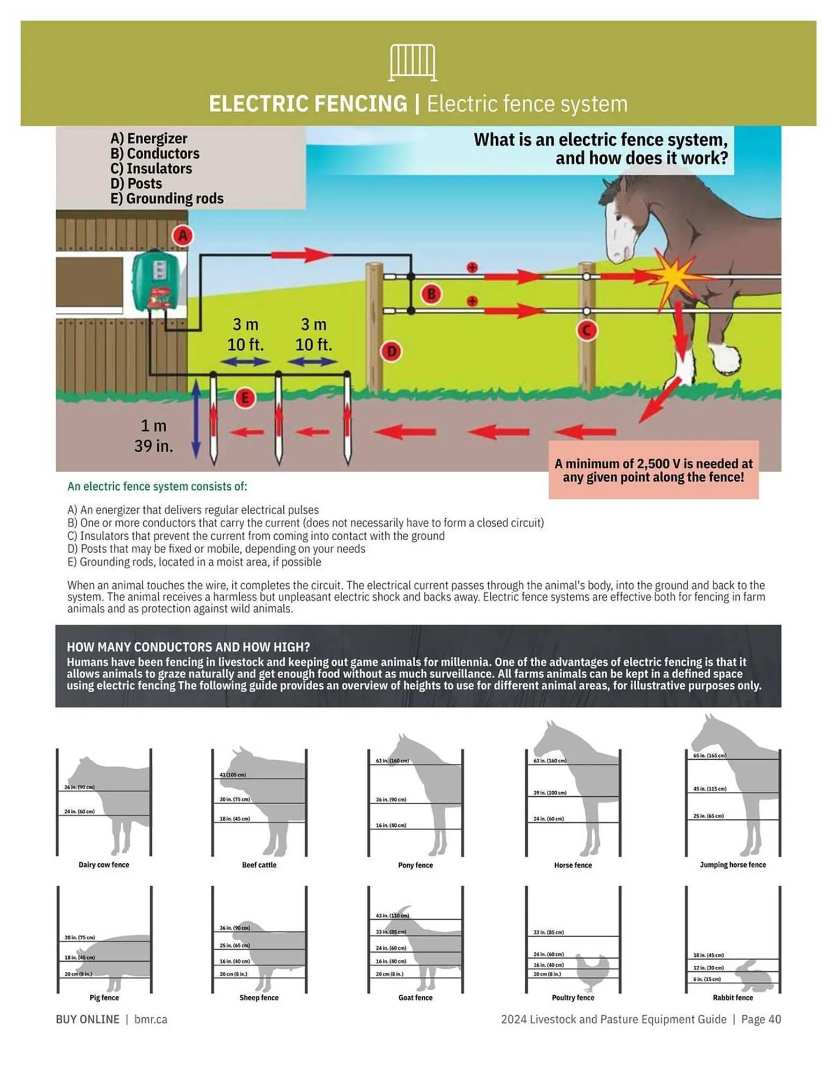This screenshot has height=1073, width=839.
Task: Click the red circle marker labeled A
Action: click(x=183, y=236)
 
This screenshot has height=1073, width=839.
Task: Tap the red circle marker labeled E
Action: click(x=245, y=398)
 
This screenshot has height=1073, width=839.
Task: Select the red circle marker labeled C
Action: click(x=586, y=330)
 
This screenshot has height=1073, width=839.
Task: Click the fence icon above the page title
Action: click(x=412, y=63)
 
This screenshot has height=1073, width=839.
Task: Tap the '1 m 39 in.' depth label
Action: click(x=153, y=436)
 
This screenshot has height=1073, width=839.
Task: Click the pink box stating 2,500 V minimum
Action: click(x=653, y=470)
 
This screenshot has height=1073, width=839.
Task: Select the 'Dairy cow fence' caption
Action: click(x=104, y=865)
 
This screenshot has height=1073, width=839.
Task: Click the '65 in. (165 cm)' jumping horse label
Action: click(x=709, y=755)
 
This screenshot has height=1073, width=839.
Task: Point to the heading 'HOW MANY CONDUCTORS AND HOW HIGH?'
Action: click(x=188, y=647)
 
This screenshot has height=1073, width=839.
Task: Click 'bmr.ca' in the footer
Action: click(x=151, y=1019)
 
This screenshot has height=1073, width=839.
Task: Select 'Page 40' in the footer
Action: click(x=761, y=1019)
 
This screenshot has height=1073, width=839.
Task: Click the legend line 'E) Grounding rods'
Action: click(x=167, y=199)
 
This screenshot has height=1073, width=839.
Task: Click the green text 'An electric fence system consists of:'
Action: click(x=157, y=487)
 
